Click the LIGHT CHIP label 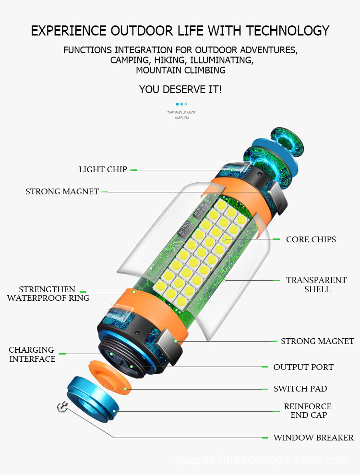click(x=103, y=169)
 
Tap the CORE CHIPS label click(x=311, y=239)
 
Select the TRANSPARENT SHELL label click(x=316, y=285)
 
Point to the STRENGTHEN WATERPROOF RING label click(x=48, y=294)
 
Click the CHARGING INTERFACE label click(x=32, y=354)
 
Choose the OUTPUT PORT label click(x=303, y=367)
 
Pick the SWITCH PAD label click(x=300, y=389)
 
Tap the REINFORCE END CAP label click(x=307, y=411)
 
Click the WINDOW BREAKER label click(x=313, y=438)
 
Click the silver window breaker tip click(x=61, y=407)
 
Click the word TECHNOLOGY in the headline click(x=288, y=31)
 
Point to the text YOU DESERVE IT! click(x=180, y=89)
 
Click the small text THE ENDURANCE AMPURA click(x=181, y=115)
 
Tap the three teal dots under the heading click(x=181, y=104)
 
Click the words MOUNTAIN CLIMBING click(x=180, y=70)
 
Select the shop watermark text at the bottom click(x=262, y=461)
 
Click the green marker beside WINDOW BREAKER click(x=264, y=438)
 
